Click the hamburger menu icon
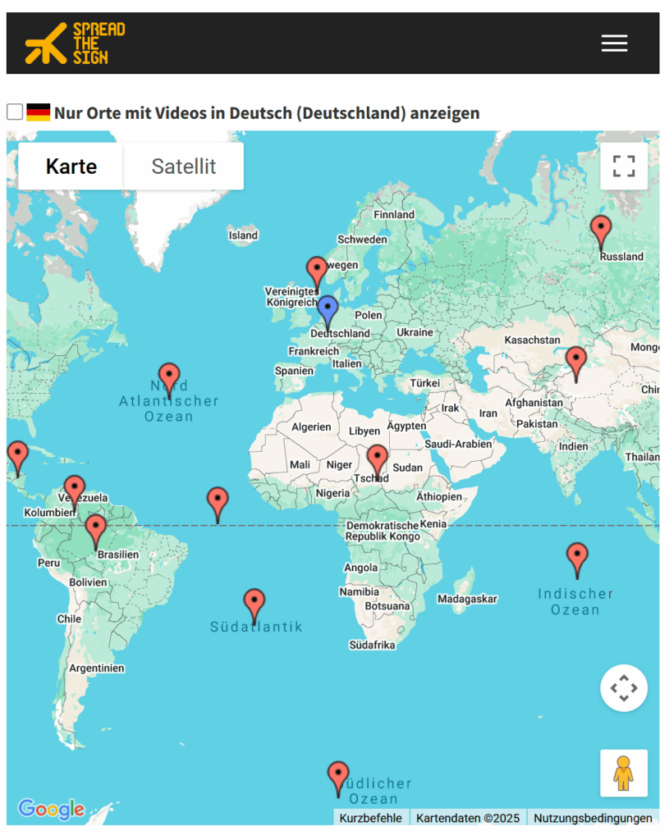pos(614,43)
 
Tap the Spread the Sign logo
pos(75,43)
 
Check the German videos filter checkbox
pos(15,112)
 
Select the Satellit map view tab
pos(183,167)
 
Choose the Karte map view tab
pos(71,167)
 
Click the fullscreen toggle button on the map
pos(624,167)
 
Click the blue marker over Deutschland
pos(328,312)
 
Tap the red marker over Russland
pos(601,231)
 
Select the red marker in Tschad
pos(377,460)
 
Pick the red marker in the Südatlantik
pos(254,605)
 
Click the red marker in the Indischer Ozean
pos(577,559)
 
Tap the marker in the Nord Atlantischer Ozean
pos(169,379)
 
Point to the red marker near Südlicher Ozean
pos(337,777)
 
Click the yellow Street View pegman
pos(624,773)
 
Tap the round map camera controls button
pos(624,687)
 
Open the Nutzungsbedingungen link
pos(593,818)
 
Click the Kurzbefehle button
pos(371,818)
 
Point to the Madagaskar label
pos(467,599)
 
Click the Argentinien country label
pos(97,668)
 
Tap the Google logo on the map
pos(51,810)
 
